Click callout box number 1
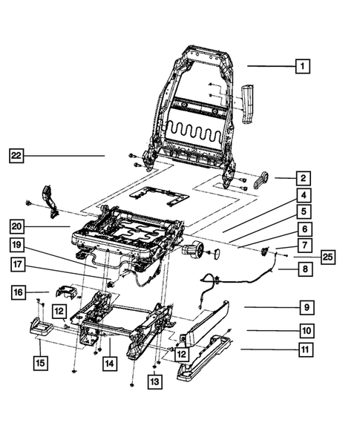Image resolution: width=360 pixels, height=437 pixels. (x=302, y=66)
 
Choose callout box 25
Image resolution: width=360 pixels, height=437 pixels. (x=327, y=257)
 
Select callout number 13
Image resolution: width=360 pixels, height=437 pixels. (x=154, y=381)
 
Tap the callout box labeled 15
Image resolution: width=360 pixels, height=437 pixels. (x=42, y=363)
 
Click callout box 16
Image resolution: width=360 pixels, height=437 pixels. (x=21, y=293)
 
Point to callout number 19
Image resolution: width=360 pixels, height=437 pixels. (x=19, y=245)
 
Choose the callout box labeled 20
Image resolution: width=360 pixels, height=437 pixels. (x=19, y=225)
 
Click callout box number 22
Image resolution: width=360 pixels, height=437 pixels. (x=17, y=156)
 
